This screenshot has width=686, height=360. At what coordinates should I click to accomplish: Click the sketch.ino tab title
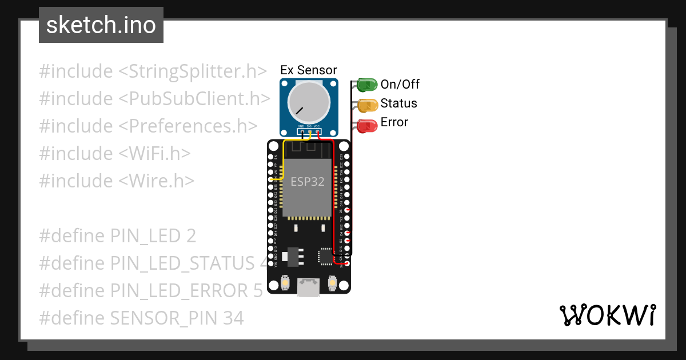[101, 25]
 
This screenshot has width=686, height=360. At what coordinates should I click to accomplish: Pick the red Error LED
[366, 126]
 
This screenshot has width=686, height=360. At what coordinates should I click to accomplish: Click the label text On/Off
[400, 85]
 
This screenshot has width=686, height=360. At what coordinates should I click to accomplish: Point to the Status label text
[399, 103]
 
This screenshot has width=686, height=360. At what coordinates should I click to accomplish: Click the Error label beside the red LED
[394, 122]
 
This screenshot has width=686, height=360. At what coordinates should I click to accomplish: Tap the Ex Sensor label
[309, 70]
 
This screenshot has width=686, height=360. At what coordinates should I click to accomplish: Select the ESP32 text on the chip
[308, 182]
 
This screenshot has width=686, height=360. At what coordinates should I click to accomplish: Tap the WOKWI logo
[608, 315]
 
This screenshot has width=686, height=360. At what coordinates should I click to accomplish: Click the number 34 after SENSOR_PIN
[232, 318]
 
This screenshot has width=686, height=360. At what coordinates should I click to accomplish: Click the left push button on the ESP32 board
[285, 282]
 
